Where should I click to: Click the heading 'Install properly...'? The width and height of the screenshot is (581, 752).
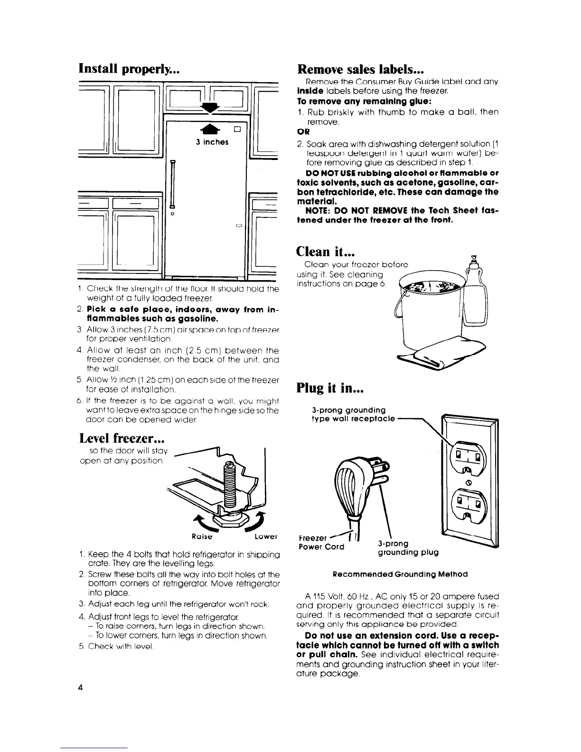coord(128,68)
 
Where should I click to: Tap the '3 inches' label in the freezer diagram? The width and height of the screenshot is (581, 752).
coord(212,142)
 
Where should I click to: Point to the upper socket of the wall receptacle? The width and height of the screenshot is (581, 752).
coord(468,456)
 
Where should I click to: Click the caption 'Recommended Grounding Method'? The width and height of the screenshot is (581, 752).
coord(400,574)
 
